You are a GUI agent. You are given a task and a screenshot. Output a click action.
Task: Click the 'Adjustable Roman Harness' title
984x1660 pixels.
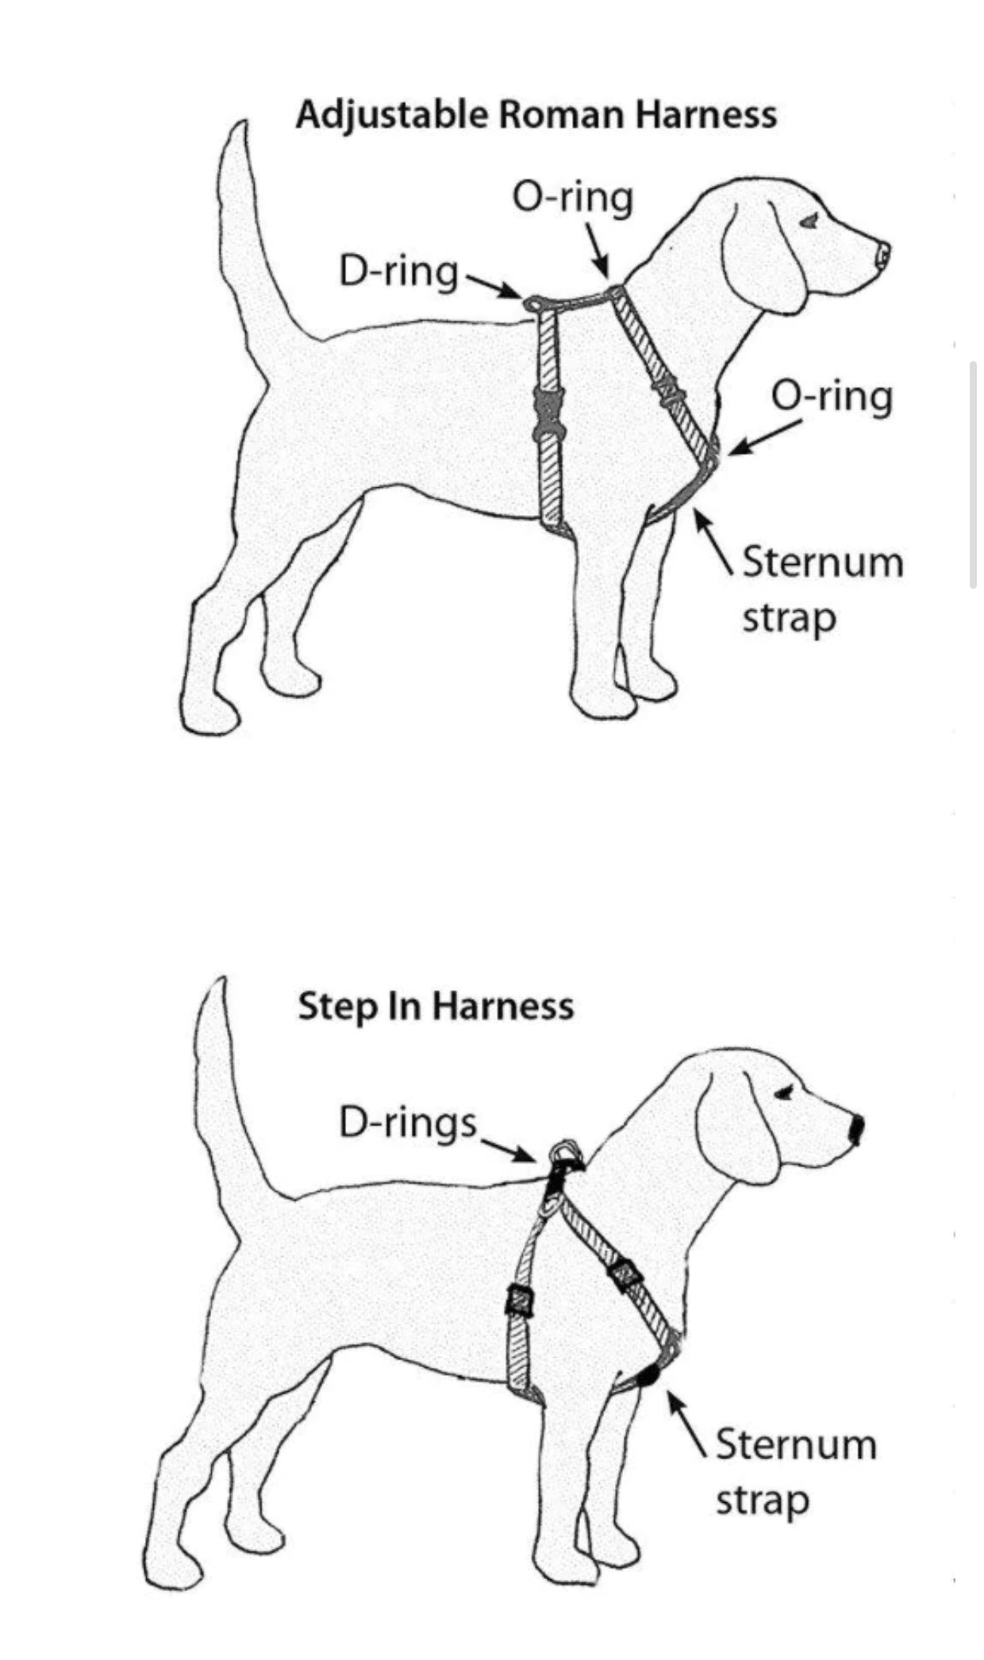pos(536,116)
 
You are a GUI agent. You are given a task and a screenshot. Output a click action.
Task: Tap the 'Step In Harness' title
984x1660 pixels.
pos(436,1006)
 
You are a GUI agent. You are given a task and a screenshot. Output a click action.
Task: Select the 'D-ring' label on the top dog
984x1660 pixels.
pos(398,272)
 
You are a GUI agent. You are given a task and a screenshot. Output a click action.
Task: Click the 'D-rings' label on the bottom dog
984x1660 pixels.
pos(408,1123)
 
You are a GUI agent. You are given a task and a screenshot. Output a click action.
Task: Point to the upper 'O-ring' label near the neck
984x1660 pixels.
pos(573,198)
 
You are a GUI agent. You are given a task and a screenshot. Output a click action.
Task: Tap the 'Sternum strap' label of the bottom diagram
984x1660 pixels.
pos(796,1471)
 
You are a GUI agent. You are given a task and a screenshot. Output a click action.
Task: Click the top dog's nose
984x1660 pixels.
pos(882,255)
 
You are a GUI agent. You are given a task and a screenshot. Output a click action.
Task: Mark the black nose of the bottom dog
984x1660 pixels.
pos(856,1129)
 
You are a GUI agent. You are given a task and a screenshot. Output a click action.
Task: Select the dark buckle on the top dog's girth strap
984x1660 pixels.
pos(546,413)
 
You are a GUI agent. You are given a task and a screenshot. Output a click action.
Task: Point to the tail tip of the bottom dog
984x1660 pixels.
pos(220,984)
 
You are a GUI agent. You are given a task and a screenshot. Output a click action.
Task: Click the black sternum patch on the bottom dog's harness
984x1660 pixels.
pos(649,1375)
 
